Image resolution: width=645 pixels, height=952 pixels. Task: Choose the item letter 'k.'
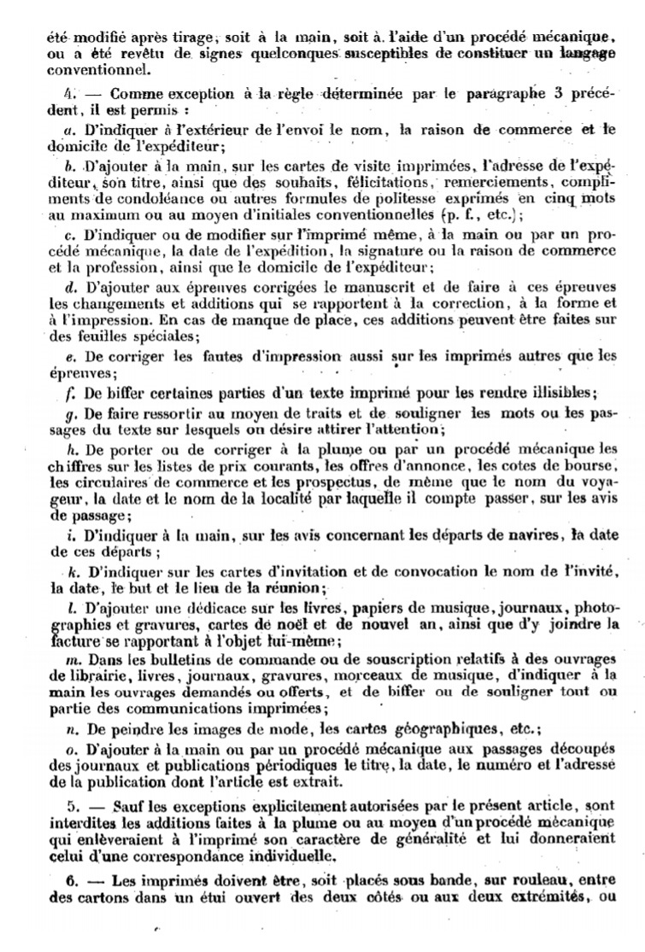(69, 572)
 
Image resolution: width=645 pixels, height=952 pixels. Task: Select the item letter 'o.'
(69, 749)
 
